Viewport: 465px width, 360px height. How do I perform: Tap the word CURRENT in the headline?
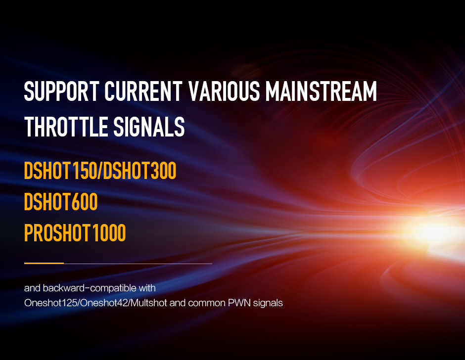tap(143, 91)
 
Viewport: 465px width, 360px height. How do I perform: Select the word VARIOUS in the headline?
tap(224, 91)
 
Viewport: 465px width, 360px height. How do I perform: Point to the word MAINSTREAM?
tap(321, 91)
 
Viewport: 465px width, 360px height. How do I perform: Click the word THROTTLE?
tap(66, 127)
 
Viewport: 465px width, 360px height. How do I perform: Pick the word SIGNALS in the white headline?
tap(149, 127)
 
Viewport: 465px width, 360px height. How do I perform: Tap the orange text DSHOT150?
tap(60, 171)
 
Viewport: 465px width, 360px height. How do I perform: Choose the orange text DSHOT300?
tap(139, 171)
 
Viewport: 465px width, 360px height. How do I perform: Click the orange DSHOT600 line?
tap(61, 202)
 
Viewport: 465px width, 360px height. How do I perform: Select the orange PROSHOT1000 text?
tap(75, 233)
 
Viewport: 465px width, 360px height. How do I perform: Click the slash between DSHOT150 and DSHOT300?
tap(100, 171)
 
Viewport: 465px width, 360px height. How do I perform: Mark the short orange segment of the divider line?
tap(44, 263)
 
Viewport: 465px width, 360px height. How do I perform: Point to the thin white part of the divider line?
tap(138, 264)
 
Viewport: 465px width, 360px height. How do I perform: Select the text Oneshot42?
tap(104, 303)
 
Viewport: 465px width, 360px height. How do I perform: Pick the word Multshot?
tap(149, 303)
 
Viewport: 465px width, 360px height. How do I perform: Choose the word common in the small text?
tap(207, 303)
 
